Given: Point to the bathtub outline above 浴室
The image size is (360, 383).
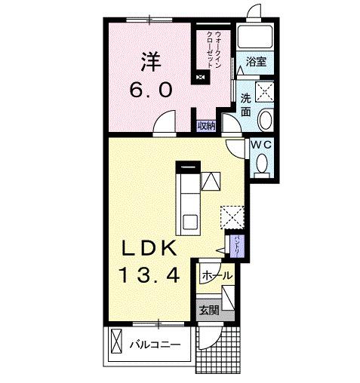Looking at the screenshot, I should point(255,37).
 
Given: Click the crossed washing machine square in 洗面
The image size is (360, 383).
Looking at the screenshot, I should point(265,93).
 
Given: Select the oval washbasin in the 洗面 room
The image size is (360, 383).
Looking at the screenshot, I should point(266,121).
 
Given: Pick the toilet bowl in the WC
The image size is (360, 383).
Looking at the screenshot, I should point(261,162).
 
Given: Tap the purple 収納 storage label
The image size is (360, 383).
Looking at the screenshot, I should point(207,126).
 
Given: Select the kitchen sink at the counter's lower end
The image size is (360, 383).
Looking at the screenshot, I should point(189,222).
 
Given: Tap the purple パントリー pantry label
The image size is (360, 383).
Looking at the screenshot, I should point(237,247).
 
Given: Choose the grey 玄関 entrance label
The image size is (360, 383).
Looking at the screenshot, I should point(209,309).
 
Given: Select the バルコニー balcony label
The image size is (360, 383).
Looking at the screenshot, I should point(154,346).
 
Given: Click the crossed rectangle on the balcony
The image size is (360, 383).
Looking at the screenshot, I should point(115,345).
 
